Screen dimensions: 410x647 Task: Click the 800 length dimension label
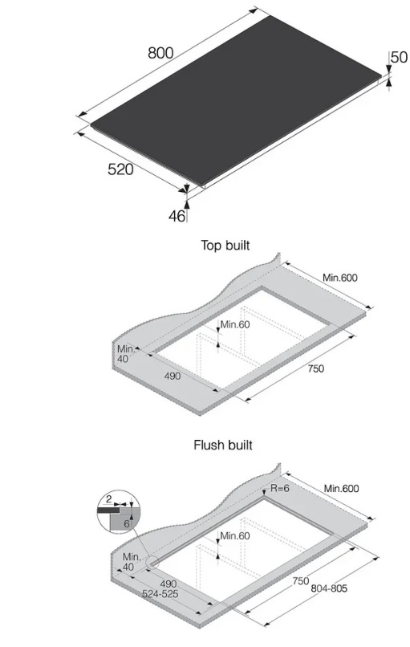pos(160,53)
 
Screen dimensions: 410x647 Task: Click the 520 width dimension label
pos(120,169)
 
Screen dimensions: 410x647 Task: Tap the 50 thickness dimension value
pos(399,57)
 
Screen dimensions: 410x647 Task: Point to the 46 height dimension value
pos(177,216)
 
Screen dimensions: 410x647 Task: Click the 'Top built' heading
pos(225,245)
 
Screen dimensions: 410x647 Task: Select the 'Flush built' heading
pos(223,445)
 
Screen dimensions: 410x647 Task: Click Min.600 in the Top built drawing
pos(340,278)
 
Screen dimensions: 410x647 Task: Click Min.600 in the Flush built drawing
pos(341,489)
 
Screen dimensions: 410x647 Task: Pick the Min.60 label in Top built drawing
pos(235,324)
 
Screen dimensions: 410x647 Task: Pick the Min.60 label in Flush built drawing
pos(235,536)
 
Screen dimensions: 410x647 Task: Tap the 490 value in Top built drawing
pos(173,376)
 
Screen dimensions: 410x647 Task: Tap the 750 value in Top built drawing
pos(316,368)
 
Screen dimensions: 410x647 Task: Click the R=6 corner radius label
pos(280,488)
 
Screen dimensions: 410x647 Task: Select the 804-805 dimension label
pos(329,588)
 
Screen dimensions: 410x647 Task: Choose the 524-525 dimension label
pos(160,594)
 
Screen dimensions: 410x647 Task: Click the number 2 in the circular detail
pos(109,499)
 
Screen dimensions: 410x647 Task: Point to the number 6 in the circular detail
pos(127,524)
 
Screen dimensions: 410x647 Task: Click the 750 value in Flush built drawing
pos(301,581)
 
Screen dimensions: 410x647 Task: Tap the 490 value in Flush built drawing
pos(168,584)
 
